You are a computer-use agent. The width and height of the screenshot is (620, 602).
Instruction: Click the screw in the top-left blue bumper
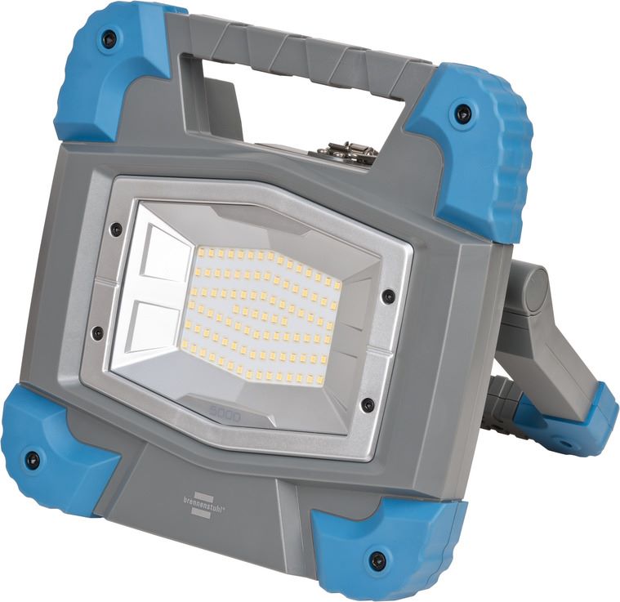click(x=108, y=38)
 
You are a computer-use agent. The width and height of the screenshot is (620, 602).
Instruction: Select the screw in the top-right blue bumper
click(x=462, y=114)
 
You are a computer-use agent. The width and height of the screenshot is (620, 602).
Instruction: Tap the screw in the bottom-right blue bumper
click(x=377, y=560)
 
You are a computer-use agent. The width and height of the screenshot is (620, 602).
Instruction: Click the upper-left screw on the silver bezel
click(x=116, y=230)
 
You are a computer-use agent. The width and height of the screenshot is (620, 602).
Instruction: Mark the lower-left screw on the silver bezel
click(x=97, y=333)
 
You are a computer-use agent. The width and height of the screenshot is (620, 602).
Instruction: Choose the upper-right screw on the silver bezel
click(x=388, y=295)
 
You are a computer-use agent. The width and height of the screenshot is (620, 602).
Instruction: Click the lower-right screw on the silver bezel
click(x=368, y=405)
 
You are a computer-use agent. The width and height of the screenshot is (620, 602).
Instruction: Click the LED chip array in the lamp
click(x=261, y=314)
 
